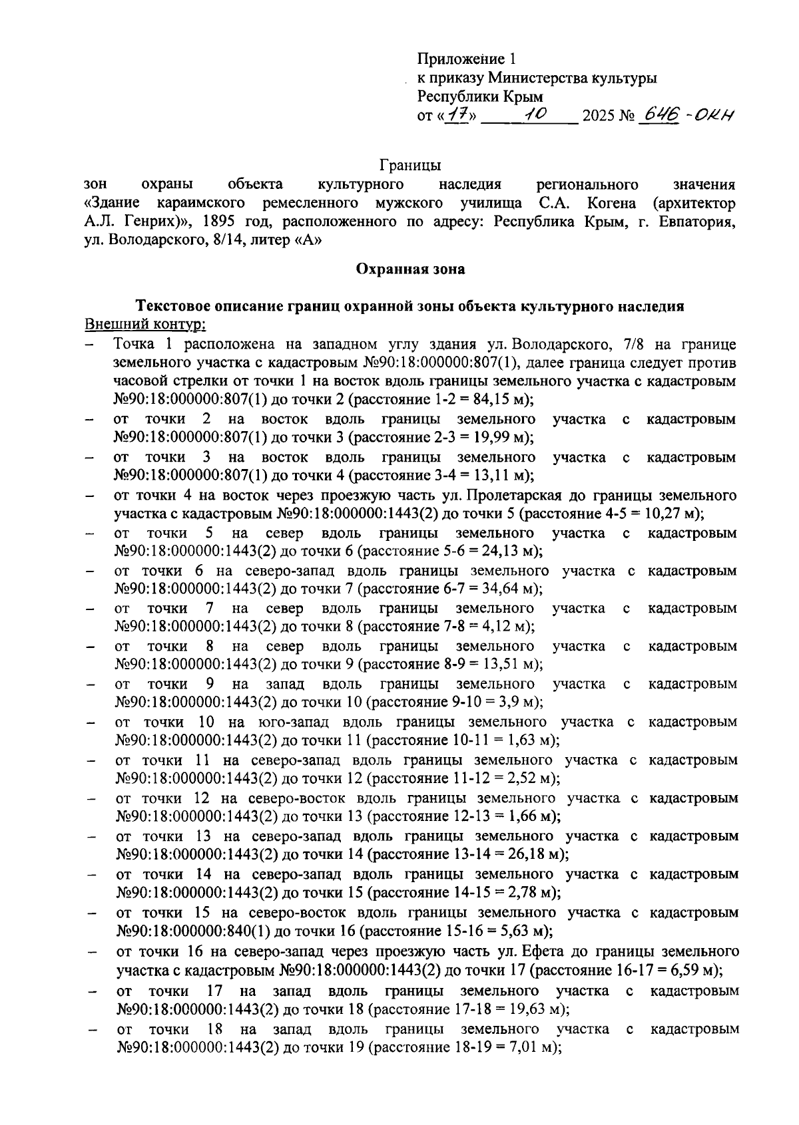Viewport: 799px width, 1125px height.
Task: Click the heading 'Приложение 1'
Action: tap(466, 59)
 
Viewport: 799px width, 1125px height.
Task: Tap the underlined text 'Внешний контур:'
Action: tap(145, 325)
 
